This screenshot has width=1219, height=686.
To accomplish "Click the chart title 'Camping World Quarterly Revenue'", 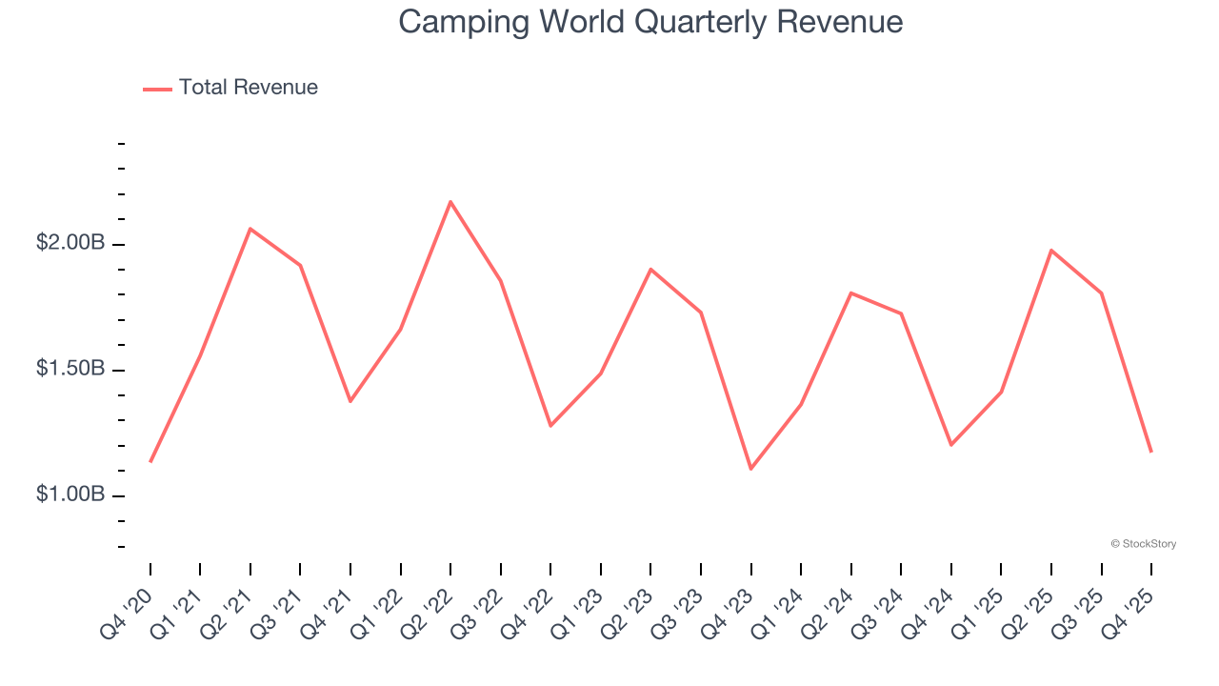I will tap(650, 22).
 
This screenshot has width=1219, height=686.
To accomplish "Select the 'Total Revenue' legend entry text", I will tap(248, 88).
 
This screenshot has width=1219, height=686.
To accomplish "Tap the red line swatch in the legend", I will tap(157, 89).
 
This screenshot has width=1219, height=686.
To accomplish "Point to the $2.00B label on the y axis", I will tap(70, 243).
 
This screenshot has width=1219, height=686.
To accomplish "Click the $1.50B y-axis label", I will tap(70, 369).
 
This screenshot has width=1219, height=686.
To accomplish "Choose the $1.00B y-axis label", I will tap(70, 494).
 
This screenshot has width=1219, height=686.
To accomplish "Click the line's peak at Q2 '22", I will tap(450, 201).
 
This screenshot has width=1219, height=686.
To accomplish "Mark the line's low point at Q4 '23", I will tap(750, 469).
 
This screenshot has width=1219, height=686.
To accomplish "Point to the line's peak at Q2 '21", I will tap(250, 229).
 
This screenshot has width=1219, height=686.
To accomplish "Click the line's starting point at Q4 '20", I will tap(150, 462).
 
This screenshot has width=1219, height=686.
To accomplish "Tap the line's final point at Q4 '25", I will tap(1150, 452).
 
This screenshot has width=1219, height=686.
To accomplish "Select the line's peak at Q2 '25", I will tap(1050, 250).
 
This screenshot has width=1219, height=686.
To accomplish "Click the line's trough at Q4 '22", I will tap(550, 426).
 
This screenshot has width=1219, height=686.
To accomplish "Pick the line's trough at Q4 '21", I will tap(350, 401).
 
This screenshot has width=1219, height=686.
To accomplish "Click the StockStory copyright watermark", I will tap(1143, 544).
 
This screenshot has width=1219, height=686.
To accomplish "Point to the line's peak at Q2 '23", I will tap(650, 269).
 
